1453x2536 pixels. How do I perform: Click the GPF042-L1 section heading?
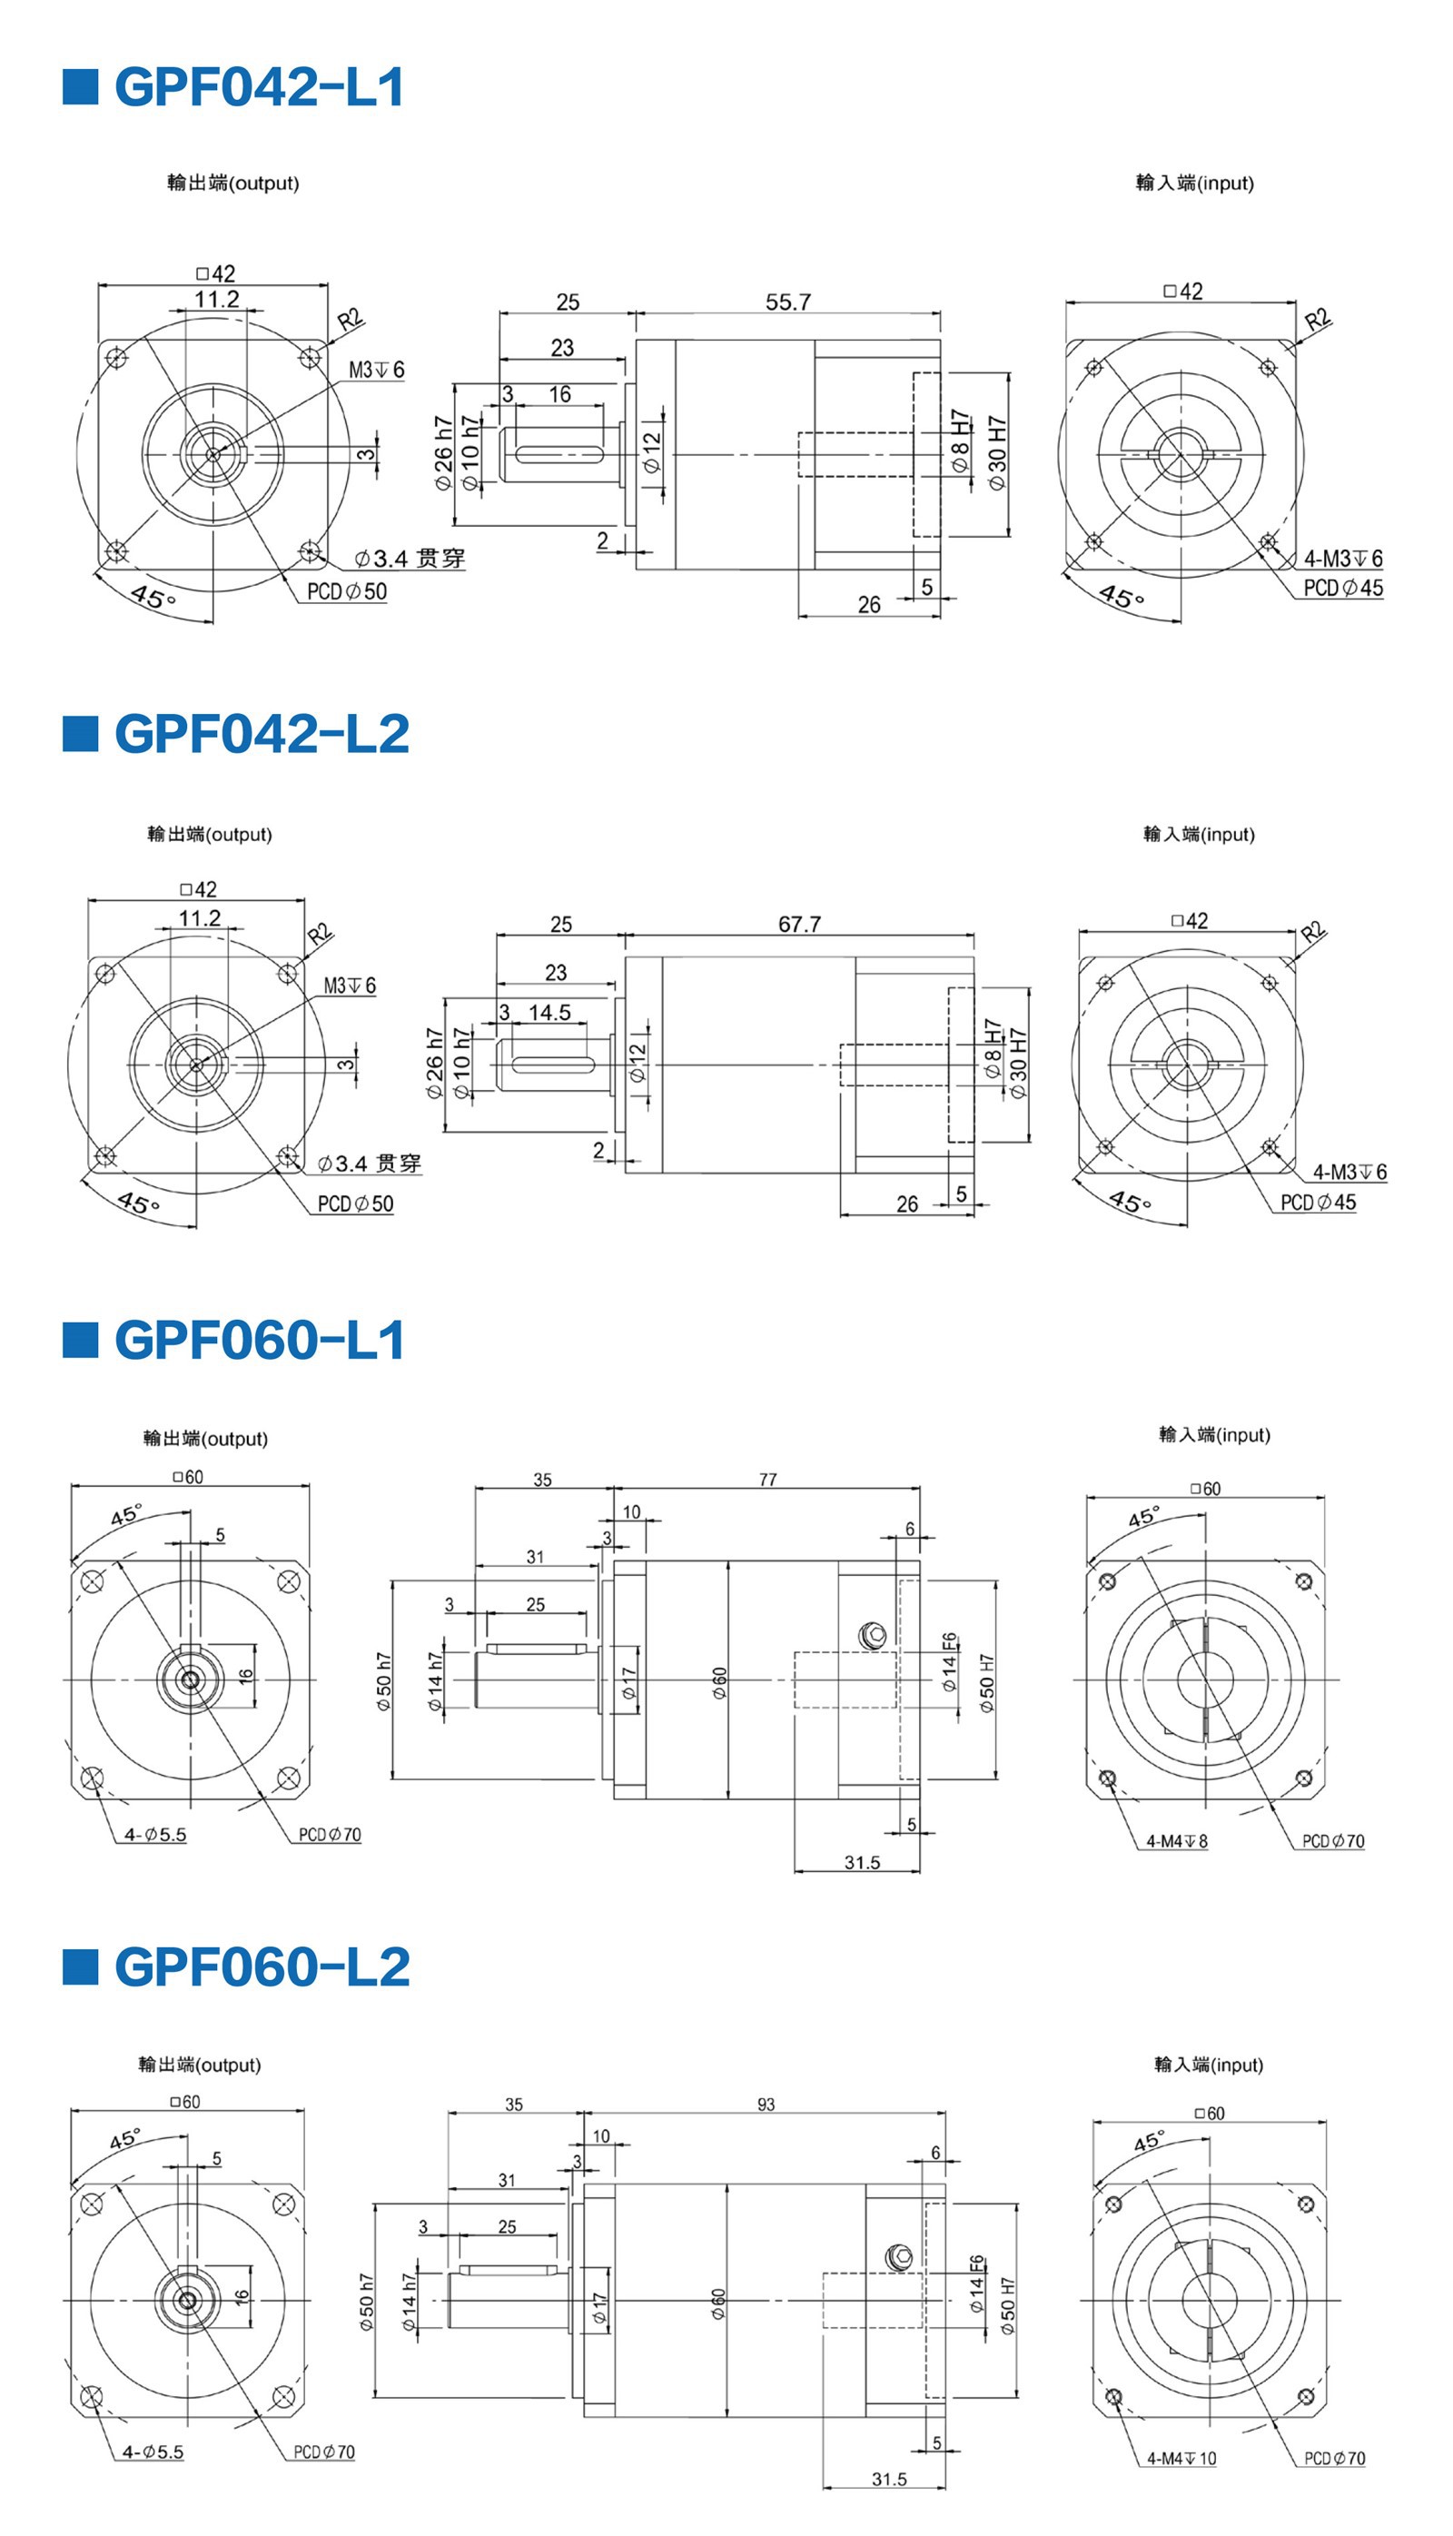[259, 87]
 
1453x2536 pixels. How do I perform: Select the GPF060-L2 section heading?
[262, 1966]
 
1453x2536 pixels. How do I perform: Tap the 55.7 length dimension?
[787, 302]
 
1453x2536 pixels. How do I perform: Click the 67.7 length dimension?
[799, 924]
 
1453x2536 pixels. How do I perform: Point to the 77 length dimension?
[767, 1479]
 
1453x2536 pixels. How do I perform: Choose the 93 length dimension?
[766, 2104]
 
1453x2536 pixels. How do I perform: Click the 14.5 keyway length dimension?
[549, 1012]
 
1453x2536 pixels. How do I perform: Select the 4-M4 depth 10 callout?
[1181, 2458]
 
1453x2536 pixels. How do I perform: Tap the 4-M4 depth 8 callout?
[1177, 1840]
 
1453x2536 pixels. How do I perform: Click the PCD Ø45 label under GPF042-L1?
[1343, 588]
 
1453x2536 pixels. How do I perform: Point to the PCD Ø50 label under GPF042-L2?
[355, 1204]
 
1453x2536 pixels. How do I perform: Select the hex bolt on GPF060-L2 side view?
[900, 2257]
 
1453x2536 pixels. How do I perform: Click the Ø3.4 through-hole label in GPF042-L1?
[410, 558]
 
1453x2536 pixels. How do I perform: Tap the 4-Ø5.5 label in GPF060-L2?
[153, 2452]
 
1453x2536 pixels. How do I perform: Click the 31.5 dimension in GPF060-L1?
[862, 1862]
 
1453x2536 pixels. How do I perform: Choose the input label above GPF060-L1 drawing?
[1214, 1434]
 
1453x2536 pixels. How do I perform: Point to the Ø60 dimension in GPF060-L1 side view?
[719, 1681]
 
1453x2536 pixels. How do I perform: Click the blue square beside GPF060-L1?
[80, 1340]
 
